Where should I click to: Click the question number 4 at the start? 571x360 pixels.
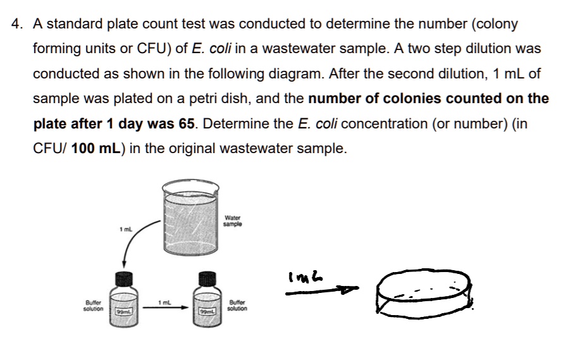[16, 25]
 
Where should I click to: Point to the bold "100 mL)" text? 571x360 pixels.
[97, 148]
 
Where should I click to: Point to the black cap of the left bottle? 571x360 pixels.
[124, 279]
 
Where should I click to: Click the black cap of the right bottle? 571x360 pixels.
[206, 279]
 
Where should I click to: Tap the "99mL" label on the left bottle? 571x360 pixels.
[124, 312]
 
